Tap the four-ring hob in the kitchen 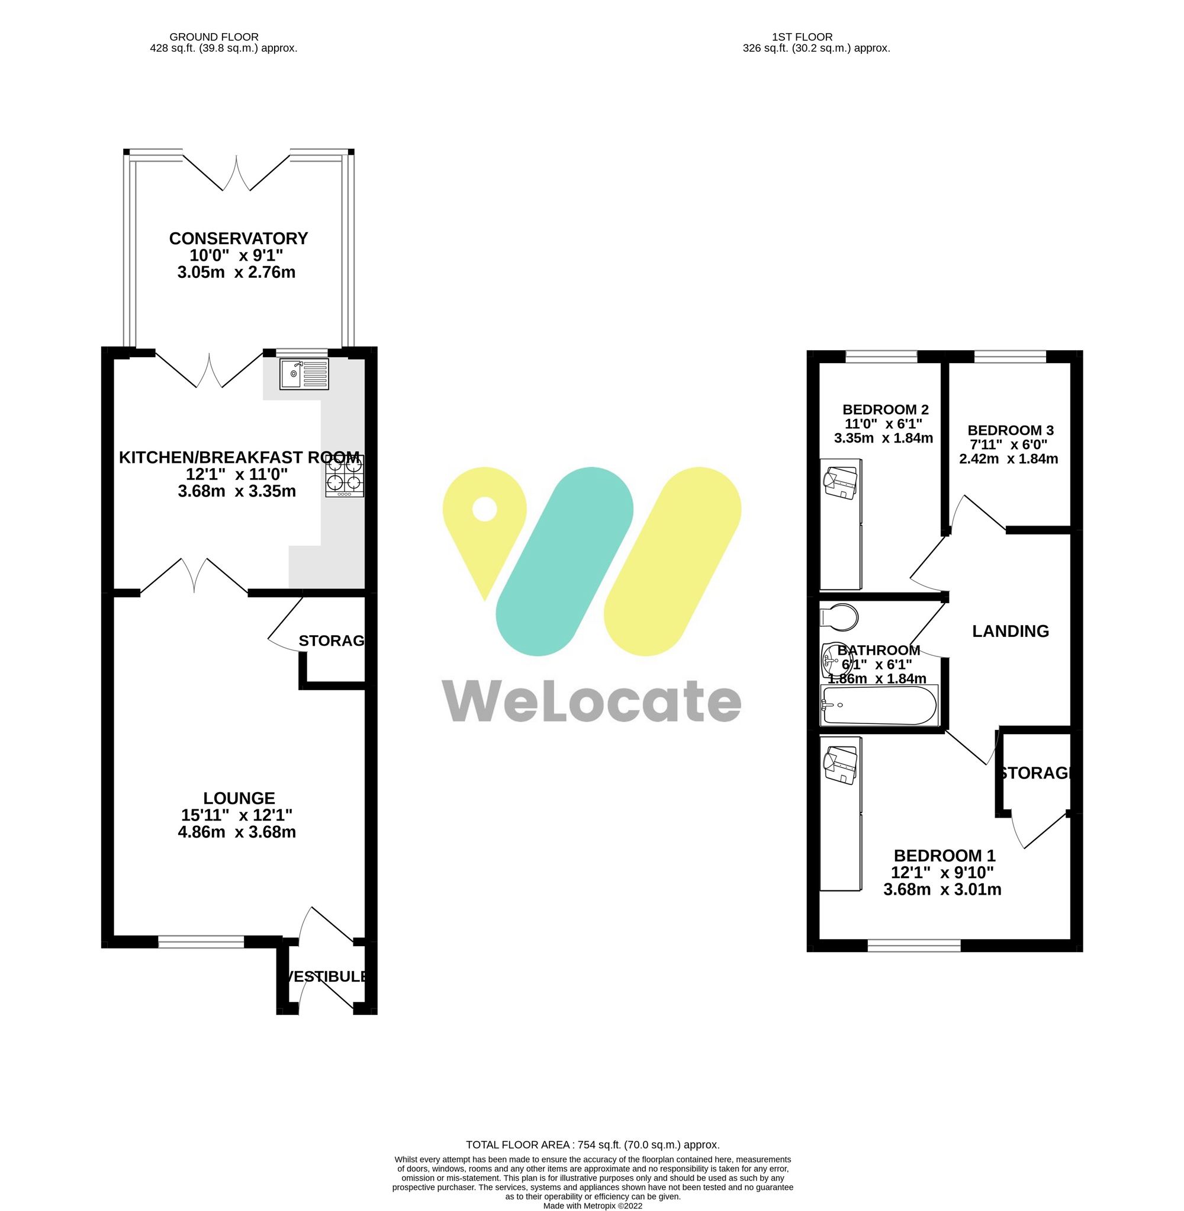click(345, 476)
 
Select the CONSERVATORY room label click(238, 238)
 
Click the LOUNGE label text click(239, 798)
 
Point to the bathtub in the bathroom click(879, 705)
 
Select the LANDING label click(1010, 631)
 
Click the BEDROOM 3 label click(1010, 430)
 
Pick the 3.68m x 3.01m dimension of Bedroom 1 click(941, 889)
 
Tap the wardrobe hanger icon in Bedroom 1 click(841, 765)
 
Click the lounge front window click(201, 943)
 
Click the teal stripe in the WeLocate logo click(564, 561)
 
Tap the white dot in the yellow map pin click(484, 510)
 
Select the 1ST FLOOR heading click(802, 37)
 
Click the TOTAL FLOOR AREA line click(592, 1145)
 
